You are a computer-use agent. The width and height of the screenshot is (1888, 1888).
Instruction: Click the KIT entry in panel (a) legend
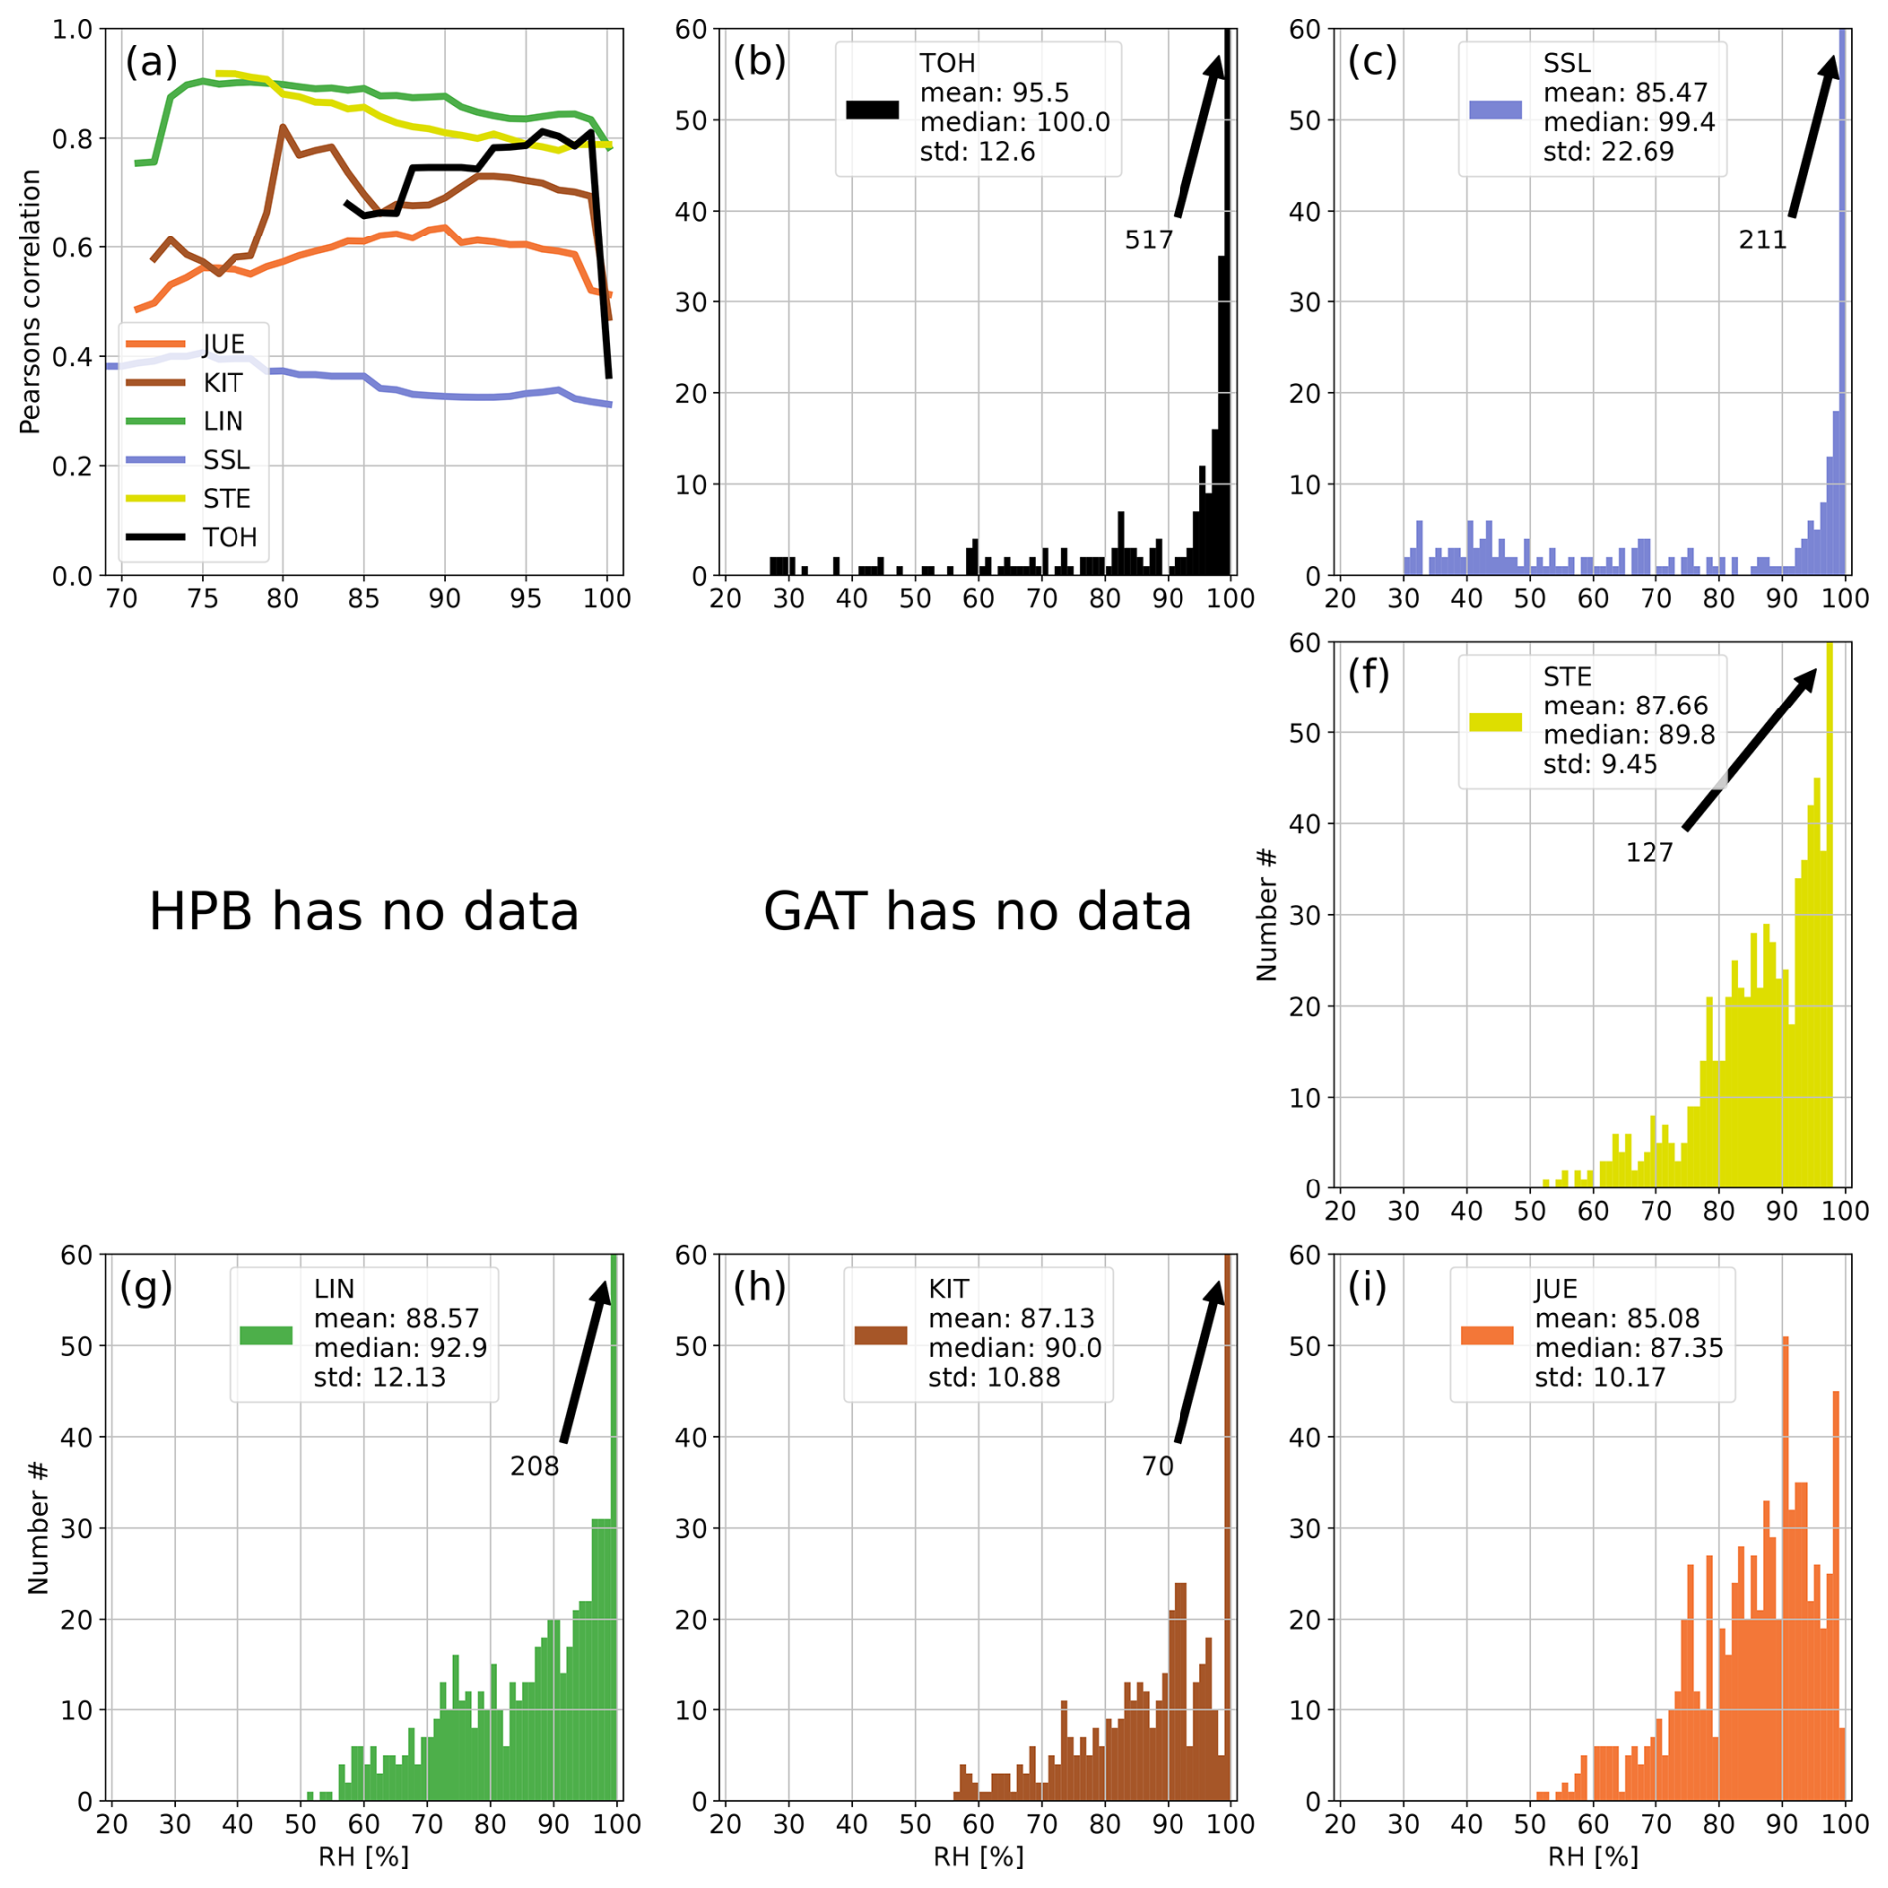222,383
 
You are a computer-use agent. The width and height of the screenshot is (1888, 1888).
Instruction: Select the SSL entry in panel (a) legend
226,460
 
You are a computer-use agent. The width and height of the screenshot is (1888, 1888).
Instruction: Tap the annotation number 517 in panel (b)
1148,240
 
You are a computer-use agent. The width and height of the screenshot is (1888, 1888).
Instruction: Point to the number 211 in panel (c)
1762,240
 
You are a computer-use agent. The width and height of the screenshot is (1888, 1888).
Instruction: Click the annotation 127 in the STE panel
1649,853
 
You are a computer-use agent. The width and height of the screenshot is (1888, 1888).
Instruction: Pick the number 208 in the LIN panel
534,1466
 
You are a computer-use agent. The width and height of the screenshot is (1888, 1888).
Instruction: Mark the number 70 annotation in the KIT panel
1157,1466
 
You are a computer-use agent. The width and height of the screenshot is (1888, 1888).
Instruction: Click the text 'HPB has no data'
363,911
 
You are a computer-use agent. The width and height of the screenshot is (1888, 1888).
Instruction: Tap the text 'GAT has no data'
977,911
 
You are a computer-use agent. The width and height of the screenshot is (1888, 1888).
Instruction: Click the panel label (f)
1368,674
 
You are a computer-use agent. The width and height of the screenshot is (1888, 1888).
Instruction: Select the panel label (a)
151,62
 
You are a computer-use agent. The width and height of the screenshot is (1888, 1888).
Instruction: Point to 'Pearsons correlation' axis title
30,301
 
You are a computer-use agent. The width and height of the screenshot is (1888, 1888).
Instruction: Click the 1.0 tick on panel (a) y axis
72,29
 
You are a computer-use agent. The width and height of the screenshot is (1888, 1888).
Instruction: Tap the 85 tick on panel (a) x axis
364,598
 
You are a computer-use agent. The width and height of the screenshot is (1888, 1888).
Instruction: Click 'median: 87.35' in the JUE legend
1629,1348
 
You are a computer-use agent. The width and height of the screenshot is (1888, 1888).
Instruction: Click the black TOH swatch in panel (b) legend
872,110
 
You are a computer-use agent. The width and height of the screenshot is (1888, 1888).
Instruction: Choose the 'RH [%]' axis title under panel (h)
978,1856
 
